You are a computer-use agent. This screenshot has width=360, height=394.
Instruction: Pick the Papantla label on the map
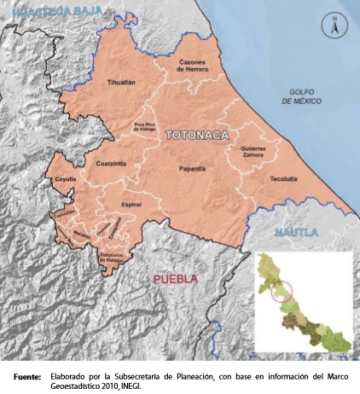coord(192,169)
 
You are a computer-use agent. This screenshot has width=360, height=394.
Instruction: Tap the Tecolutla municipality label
coord(283,179)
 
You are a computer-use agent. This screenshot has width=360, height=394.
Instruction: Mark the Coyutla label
coord(65,181)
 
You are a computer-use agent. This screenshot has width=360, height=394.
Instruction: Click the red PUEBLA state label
coord(174,279)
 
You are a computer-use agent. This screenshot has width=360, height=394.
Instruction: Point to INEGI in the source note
coord(129,385)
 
